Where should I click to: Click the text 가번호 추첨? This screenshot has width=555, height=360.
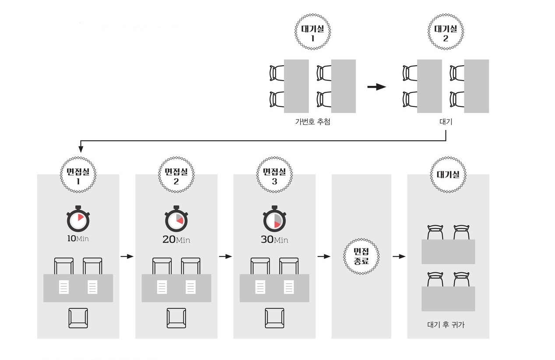(313, 122)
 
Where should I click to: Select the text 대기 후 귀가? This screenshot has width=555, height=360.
(446, 325)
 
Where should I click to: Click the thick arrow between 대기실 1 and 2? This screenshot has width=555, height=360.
(376, 87)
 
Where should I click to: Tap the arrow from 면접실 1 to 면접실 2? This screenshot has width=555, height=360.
(127, 257)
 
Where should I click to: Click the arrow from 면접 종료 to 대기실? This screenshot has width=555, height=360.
(399, 257)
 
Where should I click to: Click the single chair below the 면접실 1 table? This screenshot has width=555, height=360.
(78, 318)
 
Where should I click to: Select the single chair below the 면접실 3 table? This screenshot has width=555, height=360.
(274, 318)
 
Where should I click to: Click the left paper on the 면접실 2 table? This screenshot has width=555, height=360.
(162, 287)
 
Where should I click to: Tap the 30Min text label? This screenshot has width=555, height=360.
(274, 240)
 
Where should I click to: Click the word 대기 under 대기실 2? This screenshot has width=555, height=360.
(446, 122)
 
